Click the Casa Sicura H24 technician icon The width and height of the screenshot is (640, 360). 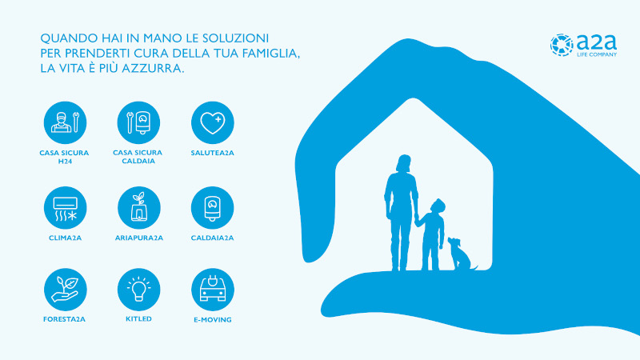66,123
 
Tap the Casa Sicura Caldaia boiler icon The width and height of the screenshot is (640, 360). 138,123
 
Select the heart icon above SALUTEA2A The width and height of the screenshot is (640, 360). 213,123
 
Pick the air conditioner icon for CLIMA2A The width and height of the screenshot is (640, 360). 66,208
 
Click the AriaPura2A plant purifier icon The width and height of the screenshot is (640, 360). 138,208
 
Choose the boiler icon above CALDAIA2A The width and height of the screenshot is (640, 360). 213,208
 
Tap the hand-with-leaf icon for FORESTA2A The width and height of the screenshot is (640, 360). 66,290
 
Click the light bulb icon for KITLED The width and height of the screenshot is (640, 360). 138,290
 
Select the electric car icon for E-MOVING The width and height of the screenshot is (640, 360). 213,290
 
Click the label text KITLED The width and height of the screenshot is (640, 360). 138,319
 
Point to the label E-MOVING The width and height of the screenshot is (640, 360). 213,319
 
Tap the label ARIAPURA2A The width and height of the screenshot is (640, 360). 138,238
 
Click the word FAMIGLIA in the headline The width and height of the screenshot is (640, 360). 271,54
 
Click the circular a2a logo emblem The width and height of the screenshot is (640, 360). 562,45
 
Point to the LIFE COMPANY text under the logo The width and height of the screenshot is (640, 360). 597,54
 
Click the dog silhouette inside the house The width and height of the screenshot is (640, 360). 462,254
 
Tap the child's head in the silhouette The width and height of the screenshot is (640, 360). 437,206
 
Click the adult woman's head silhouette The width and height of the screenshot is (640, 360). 404,163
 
